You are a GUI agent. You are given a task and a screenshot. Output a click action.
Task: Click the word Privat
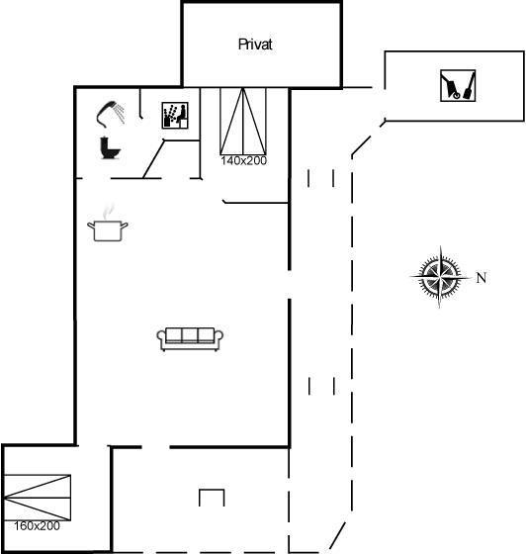(x=255, y=45)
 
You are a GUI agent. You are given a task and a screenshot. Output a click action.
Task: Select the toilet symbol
(x=110, y=148)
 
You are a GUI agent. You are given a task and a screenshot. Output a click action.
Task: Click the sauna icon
(x=175, y=116)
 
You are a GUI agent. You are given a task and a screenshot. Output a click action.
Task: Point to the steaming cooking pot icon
(x=108, y=223)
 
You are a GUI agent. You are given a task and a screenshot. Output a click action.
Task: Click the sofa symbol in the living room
(x=190, y=338)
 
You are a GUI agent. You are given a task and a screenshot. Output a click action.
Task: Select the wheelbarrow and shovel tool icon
(x=458, y=86)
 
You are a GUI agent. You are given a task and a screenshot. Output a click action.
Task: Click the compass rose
(x=440, y=277)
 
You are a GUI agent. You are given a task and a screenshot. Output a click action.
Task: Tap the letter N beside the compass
(x=482, y=278)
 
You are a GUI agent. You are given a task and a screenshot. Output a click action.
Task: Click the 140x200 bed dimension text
(x=243, y=160)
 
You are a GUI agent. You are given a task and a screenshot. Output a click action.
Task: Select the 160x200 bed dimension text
(x=37, y=526)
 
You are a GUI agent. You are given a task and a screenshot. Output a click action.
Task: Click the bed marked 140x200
(x=243, y=121)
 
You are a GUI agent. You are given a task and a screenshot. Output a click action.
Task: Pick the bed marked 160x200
(x=37, y=498)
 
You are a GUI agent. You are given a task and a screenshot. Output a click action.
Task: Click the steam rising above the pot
(x=108, y=211)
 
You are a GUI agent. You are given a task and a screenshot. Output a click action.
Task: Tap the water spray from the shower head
(x=121, y=113)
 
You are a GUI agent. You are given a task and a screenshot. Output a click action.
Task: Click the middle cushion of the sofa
(x=190, y=334)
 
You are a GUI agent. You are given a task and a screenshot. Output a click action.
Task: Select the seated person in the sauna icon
(x=182, y=115)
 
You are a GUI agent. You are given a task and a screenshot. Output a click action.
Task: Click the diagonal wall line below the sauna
(x=153, y=159)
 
